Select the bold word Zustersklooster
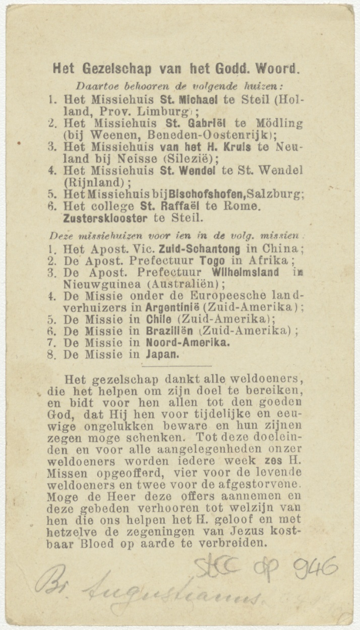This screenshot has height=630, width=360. pyautogui.click(x=105, y=218)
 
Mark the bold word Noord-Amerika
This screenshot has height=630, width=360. pyautogui.click(x=188, y=342)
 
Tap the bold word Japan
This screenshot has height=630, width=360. pyautogui.click(x=162, y=354)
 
